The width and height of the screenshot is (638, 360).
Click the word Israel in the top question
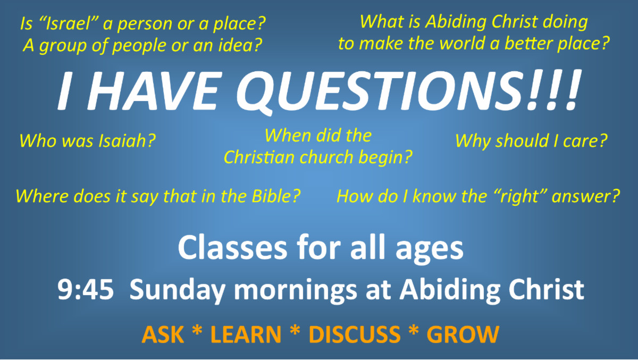point(65,24)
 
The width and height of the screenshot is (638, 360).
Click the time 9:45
point(85,291)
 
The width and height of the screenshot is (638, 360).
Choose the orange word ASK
point(163,334)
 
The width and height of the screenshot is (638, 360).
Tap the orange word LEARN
point(246,334)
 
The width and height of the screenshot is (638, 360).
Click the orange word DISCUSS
point(354,334)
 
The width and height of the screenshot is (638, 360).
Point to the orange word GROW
point(463,334)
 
